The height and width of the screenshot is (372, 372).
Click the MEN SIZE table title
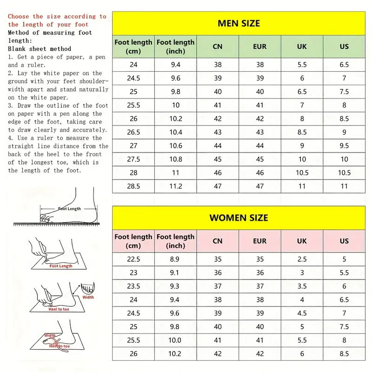239,23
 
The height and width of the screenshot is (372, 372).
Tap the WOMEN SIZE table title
239,218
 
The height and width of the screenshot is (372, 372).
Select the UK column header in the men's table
302,46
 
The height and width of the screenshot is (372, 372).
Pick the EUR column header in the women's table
260,241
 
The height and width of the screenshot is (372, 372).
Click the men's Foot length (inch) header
175,46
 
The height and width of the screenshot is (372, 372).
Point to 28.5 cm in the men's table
133,186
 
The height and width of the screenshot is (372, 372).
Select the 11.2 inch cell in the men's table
175,186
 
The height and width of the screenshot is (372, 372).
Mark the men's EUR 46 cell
260,173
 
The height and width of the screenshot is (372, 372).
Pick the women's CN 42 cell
218,354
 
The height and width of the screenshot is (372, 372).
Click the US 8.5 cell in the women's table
344,354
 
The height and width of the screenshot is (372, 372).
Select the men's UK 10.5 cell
302,173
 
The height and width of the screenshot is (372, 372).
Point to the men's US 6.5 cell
344,65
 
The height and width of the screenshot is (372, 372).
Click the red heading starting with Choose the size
57,20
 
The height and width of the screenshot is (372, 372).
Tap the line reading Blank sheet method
40,49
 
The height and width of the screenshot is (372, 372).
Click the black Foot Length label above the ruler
69,209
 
